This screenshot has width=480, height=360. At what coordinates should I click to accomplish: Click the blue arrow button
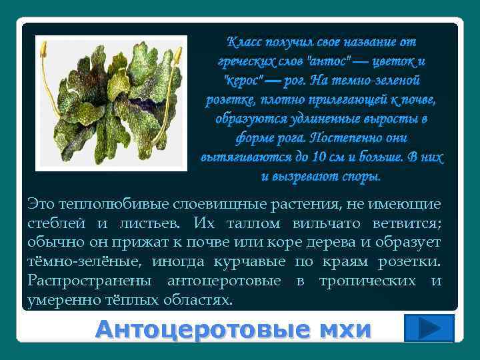click(x=429, y=329)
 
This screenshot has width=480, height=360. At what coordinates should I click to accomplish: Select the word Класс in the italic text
click(x=245, y=41)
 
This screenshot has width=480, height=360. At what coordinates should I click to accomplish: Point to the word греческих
click(x=243, y=61)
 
